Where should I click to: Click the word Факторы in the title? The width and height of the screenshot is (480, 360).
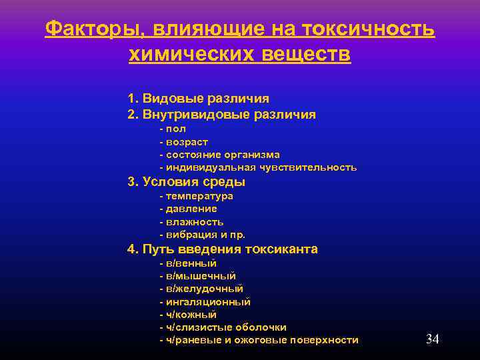93,29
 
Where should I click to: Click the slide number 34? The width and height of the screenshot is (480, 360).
432,339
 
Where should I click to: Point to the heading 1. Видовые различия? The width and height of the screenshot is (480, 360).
199,98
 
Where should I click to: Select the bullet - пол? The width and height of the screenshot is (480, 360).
173,129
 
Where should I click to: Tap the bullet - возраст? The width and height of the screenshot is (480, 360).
183,142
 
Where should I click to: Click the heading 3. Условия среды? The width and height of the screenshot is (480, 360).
187,182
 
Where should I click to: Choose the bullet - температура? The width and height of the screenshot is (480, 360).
196,196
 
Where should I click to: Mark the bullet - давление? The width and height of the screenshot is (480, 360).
188,209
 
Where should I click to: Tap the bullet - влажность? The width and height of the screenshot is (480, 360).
191,221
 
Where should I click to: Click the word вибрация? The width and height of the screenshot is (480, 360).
189,235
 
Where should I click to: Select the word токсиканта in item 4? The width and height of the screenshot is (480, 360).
282,249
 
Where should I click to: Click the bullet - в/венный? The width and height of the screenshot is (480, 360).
188,263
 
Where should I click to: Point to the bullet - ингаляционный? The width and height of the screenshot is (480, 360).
205,301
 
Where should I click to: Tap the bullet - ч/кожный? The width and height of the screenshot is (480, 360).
188,314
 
